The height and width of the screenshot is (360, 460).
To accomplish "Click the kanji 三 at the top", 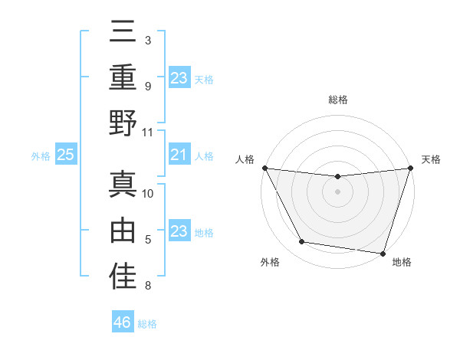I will click(123, 32).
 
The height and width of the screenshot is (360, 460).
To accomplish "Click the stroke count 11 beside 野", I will click(148, 132).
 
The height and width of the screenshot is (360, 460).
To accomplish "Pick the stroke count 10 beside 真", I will click(148, 193).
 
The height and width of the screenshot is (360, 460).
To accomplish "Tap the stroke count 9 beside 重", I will click(148, 86).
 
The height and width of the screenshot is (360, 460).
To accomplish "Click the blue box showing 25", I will click(66, 155).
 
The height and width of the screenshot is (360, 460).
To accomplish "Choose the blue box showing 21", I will click(179, 155).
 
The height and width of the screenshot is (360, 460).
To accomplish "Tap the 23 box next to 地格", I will click(179, 232).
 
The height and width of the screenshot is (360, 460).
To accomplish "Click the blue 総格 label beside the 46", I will click(147, 324).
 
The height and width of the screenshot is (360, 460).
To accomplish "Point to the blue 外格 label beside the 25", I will click(41, 156).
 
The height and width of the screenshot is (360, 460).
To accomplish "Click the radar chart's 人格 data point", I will click(264, 168).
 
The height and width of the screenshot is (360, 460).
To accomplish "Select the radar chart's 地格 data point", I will click(383, 254).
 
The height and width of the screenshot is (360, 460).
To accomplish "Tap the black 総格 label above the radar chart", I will click(337, 100).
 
